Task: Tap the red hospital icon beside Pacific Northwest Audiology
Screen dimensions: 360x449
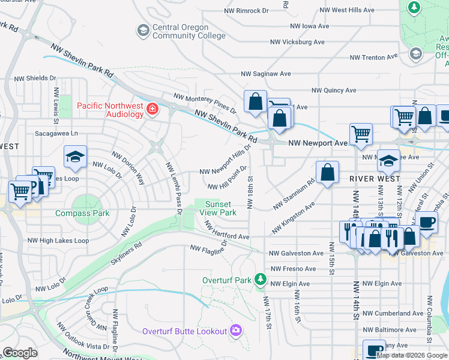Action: [152, 109]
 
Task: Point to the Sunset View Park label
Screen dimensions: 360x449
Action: [218, 208]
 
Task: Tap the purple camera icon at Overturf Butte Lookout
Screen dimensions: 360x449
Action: [237, 331]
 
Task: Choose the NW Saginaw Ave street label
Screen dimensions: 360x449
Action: [265, 74]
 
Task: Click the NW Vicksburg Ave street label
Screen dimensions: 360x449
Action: [297, 43]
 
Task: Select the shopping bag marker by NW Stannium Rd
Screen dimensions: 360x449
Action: [327, 173]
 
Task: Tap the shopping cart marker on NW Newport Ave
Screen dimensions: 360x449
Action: [361, 135]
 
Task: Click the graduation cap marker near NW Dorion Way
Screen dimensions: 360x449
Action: [76, 157]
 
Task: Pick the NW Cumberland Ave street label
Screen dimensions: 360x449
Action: [393, 313]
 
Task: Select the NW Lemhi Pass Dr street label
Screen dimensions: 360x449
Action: [173, 188]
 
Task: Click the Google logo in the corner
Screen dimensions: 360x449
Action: [20, 353]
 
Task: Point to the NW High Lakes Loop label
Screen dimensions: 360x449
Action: [58, 241]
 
